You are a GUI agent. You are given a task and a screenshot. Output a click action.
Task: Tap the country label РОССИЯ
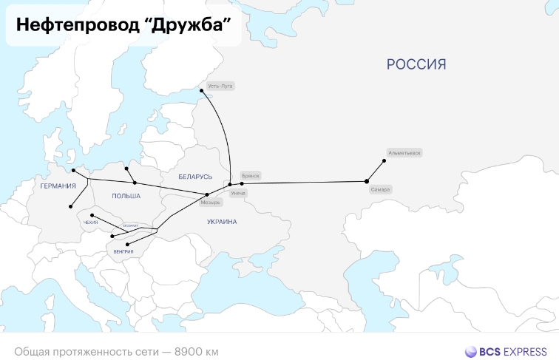coord(416,65)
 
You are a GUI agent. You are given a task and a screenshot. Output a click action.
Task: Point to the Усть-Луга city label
coord(220,86)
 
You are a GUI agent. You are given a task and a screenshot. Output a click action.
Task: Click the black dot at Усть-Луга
coord(201,91)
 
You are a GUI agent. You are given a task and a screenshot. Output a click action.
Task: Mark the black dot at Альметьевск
coord(384,160)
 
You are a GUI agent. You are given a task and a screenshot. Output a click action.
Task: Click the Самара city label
coord(381,190)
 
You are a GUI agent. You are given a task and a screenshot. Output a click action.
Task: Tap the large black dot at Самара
coord(367,181)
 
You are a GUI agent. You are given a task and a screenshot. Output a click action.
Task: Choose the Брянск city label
coord(251,176)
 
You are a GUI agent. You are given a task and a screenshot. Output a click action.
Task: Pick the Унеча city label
coord(237,193)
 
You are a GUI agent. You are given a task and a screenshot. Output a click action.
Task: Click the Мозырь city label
coord(211,202)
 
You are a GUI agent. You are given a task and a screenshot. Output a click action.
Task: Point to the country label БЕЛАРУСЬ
coord(195,177)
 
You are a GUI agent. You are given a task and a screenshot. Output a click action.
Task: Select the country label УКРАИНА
coord(222,222)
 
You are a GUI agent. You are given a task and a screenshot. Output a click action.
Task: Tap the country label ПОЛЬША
coord(125,195)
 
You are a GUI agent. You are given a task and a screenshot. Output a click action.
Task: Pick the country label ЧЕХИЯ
coord(91,222)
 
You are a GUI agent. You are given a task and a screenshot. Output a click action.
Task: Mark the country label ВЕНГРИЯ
coord(123,253)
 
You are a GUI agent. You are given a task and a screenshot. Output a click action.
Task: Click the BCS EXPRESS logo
coord(506,351)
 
